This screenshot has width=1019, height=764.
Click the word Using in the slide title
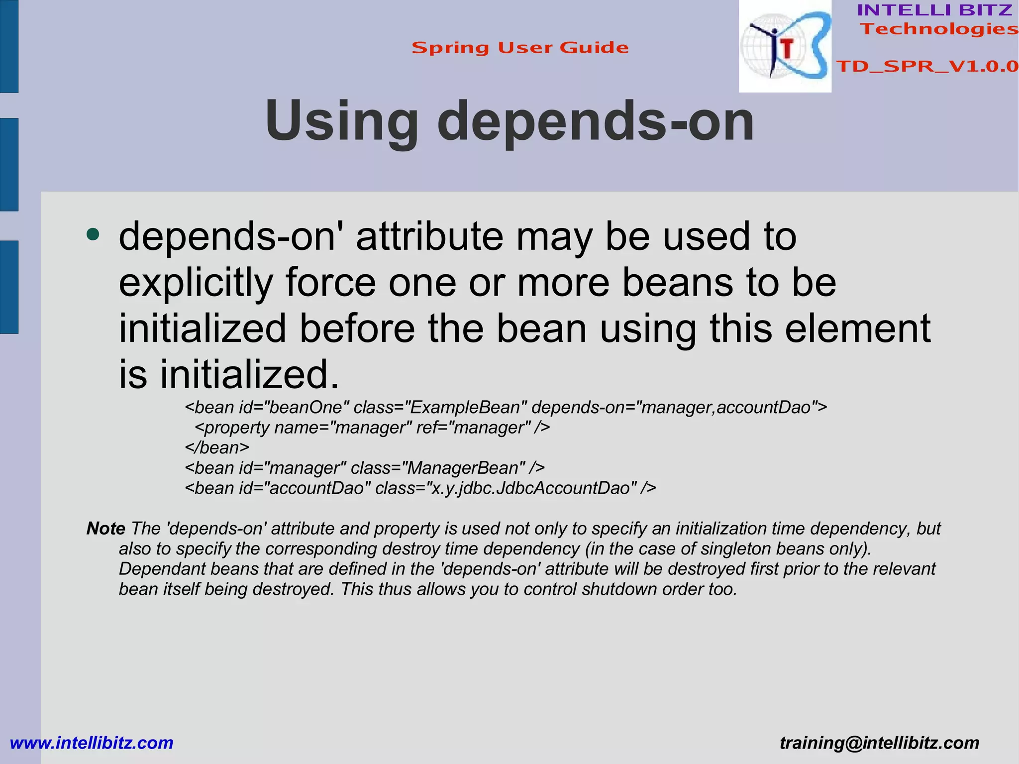341,121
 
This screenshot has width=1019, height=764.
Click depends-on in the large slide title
596,121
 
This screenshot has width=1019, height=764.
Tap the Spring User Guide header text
520,48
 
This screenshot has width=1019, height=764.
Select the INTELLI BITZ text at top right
934,10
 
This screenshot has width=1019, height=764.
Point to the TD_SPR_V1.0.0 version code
927,66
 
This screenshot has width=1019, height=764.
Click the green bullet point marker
93,234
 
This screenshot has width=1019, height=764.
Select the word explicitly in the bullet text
196,282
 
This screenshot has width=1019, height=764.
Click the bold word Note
105,528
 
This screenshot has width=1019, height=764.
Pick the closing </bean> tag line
217,447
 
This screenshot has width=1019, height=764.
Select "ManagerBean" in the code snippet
463,468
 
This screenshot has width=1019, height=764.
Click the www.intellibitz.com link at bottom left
92,743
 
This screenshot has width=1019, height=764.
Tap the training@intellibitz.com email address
879,743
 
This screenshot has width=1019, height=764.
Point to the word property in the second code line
237,428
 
